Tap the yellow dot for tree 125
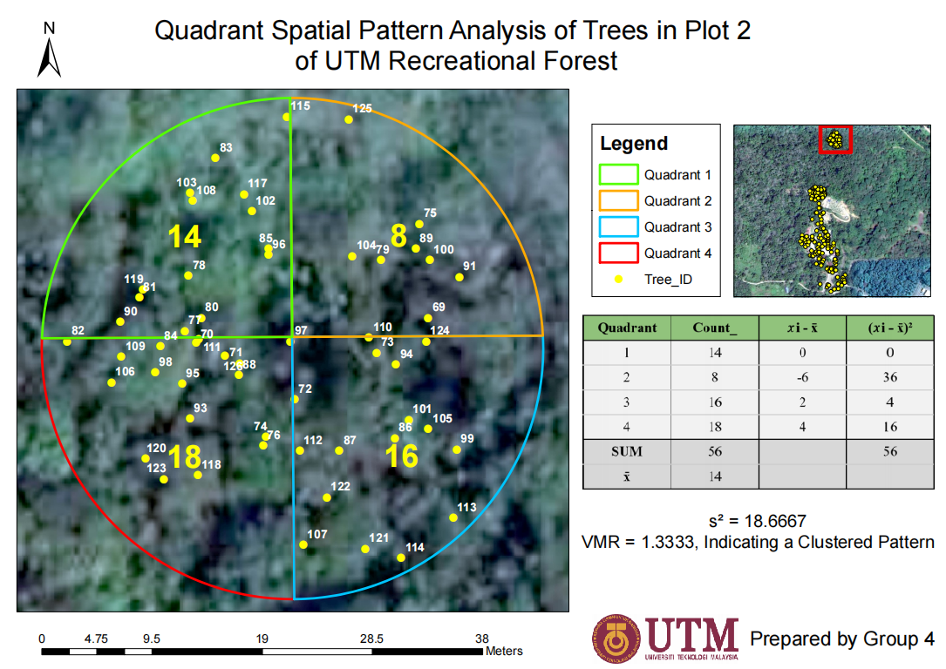(x=349, y=119)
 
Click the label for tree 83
(x=226, y=148)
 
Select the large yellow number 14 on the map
(x=185, y=236)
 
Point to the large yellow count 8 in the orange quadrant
(x=398, y=236)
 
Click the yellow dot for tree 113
(x=453, y=517)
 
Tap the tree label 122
(x=340, y=486)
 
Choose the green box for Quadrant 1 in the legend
(x=618, y=174)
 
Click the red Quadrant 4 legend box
(x=618, y=253)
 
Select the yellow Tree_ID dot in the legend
(x=618, y=279)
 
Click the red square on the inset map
(x=835, y=139)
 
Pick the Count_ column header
(x=715, y=328)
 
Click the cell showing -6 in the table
(x=802, y=377)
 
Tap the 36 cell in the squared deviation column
(x=890, y=377)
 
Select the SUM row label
(x=627, y=451)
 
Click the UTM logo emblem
(x=615, y=639)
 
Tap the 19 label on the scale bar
(x=262, y=639)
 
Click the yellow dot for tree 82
(x=67, y=341)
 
